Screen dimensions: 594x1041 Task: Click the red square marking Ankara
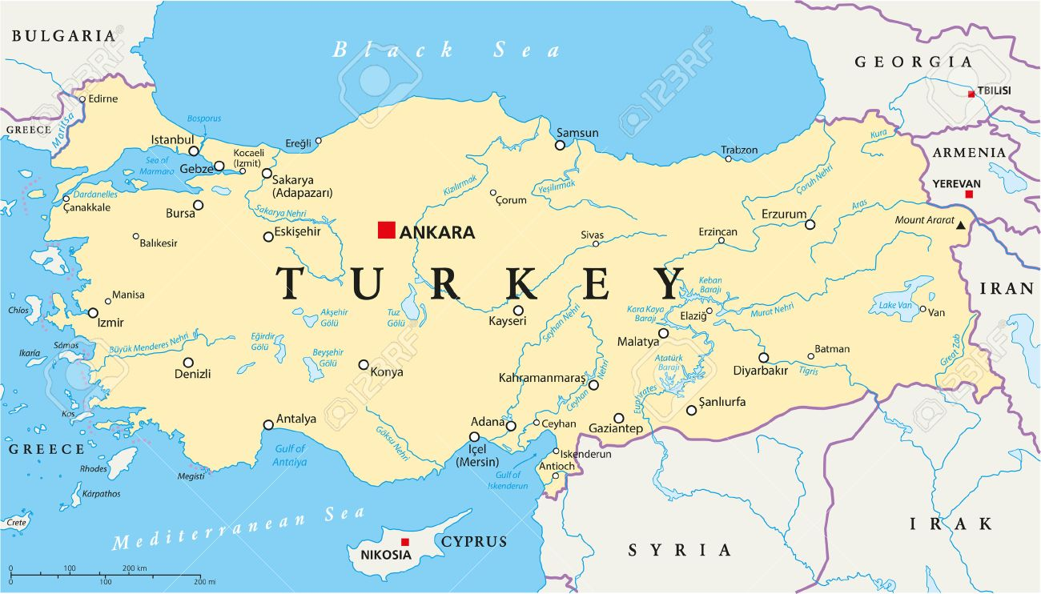(387, 231)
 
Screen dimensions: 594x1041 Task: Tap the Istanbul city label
(172, 140)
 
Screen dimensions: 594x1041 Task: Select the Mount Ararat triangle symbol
(960, 226)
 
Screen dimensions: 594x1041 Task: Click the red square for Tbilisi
(971, 94)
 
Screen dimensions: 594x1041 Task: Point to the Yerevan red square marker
(969, 195)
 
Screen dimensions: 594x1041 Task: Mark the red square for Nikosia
(405, 542)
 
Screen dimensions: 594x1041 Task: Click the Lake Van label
(894, 305)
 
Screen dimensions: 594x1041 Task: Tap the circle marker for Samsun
(560, 145)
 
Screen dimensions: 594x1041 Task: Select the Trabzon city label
(738, 149)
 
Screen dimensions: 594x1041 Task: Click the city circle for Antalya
(268, 425)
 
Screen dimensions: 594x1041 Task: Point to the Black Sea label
(446, 50)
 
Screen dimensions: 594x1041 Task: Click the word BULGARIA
(64, 35)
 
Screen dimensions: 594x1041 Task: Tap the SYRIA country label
(679, 550)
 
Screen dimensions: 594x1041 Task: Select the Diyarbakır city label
(760, 371)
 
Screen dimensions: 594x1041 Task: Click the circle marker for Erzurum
(810, 225)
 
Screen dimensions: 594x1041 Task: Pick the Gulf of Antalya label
(290, 456)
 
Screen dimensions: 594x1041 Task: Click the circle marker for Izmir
(93, 313)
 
